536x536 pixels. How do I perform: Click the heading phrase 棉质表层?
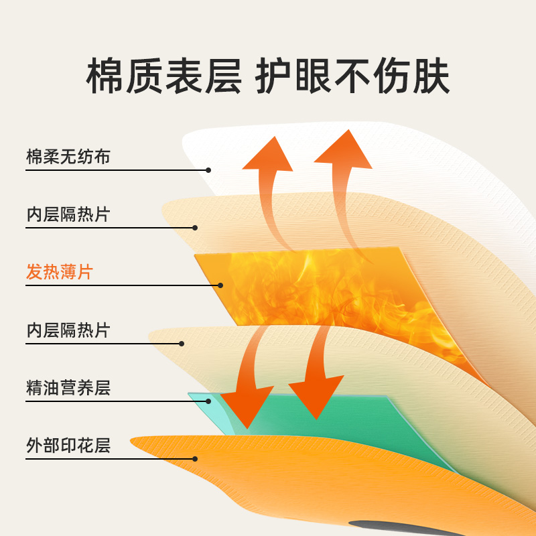(x=163, y=78)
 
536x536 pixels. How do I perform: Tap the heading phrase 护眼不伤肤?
(x=353, y=78)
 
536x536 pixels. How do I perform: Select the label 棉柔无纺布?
(x=68, y=157)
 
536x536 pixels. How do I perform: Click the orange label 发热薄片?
(x=60, y=272)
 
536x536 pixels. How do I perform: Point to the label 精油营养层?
(x=68, y=387)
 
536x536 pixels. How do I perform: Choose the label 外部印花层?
(x=68, y=445)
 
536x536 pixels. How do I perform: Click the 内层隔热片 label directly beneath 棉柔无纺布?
(x=68, y=215)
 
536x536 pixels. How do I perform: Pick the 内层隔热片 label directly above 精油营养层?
(x=68, y=330)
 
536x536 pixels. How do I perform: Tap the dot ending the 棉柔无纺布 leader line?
(x=208, y=170)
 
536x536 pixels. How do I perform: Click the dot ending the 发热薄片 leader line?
(x=220, y=285)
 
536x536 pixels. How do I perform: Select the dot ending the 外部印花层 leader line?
(x=195, y=459)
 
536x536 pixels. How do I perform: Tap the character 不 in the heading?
(x=353, y=78)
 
